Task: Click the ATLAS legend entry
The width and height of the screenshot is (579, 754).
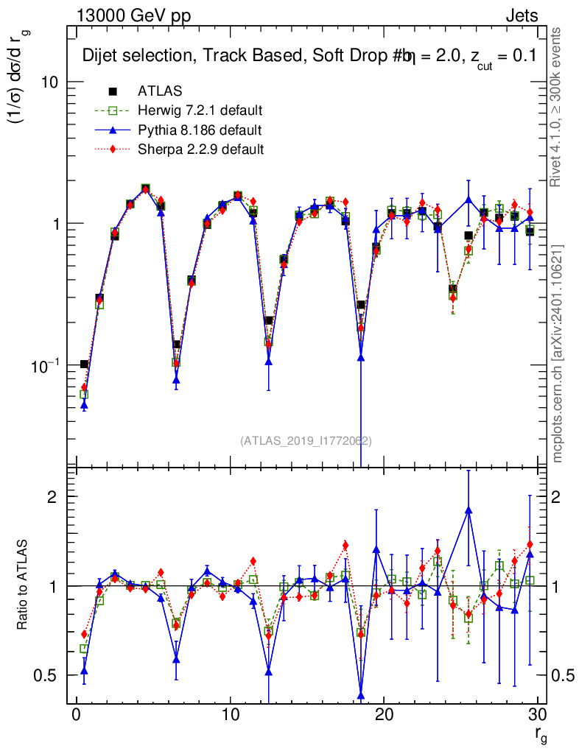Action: coord(159,92)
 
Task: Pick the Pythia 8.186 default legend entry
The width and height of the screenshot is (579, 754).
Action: coord(199,130)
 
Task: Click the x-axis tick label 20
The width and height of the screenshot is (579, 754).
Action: coord(384,715)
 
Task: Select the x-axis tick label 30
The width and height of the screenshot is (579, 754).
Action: coord(537,715)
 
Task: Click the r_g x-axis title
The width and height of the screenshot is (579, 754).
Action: coord(540,735)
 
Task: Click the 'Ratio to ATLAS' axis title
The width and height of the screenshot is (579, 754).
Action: coord(23,585)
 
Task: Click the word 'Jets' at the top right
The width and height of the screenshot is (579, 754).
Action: coord(521,16)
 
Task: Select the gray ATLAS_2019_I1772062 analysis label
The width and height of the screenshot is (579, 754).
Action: coord(306,441)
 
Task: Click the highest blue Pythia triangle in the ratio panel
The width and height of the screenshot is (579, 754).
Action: coord(469,510)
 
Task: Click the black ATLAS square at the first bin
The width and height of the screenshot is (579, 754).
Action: coord(84,364)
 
